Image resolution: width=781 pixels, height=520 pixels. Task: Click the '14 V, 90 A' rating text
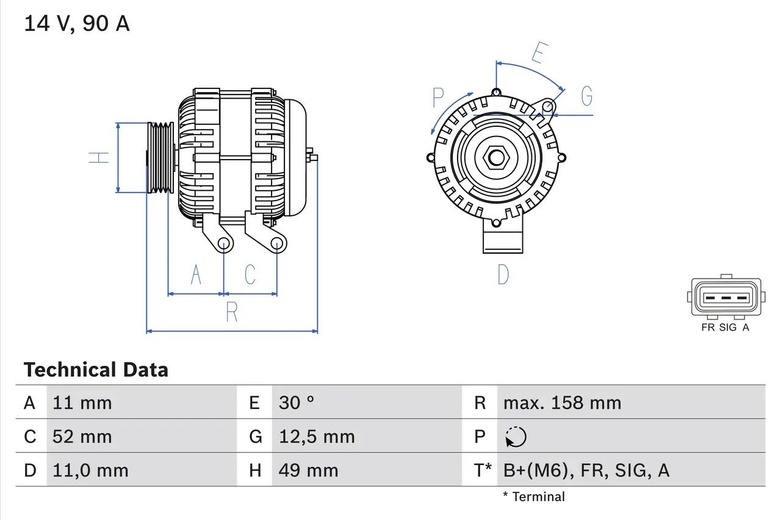[76, 24]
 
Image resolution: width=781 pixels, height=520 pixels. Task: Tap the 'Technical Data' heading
[96, 370]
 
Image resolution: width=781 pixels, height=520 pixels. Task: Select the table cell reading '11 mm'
[82, 403]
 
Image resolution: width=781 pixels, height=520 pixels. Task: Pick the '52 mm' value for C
[82, 436]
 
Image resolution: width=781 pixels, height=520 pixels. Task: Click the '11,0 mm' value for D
[90, 470]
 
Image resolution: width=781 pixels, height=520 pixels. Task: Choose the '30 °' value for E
[297, 403]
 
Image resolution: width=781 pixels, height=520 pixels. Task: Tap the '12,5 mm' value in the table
[317, 436]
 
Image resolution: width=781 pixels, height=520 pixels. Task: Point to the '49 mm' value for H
[308, 470]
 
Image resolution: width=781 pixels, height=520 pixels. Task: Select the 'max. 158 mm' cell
[562, 403]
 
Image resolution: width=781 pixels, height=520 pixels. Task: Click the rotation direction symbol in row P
[516, 436]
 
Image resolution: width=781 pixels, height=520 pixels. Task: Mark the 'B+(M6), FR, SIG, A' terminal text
[586, 470]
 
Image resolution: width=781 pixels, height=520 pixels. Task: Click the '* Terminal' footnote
[534, 497]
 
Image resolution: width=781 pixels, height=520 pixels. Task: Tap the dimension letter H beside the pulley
[99, 157]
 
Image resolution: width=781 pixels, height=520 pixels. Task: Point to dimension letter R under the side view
[232, 312]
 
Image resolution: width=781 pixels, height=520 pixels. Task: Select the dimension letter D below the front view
[503, 275]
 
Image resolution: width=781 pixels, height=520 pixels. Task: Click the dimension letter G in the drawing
[586, 96]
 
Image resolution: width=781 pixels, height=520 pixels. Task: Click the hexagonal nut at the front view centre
[497, 158]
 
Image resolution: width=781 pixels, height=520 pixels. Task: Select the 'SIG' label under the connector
[727, 327]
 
